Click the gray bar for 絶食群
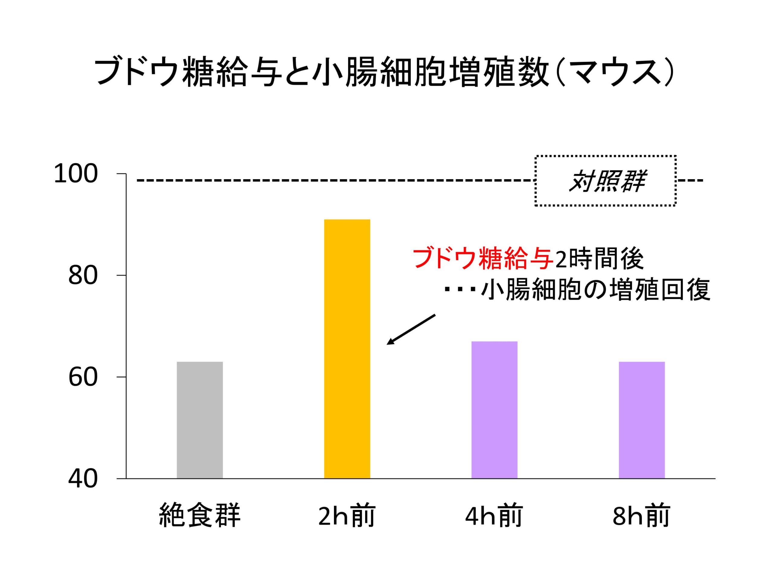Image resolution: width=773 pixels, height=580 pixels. (200, 420)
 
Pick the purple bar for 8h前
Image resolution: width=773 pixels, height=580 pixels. (642, 420)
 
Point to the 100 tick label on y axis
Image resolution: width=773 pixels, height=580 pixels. (75, 174)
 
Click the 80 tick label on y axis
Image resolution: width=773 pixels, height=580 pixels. (82, 276)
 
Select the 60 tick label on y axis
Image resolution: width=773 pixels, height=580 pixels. (82, 378)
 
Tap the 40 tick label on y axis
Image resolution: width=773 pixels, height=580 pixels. (82, 479)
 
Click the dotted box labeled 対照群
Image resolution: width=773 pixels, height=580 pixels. (605, 181)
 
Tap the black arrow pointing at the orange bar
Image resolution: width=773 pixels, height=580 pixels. (411, 329)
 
